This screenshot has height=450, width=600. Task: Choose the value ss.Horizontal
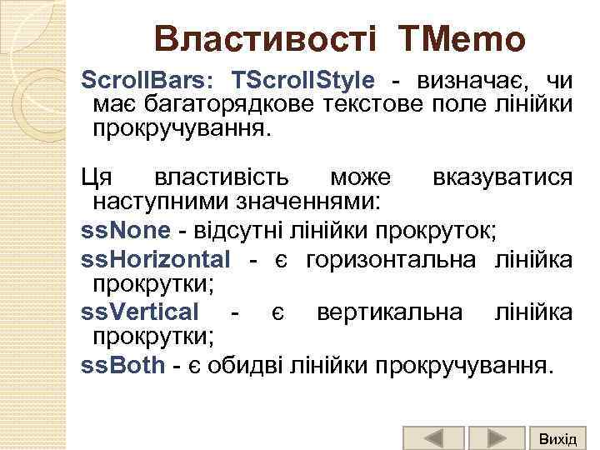[x=155, y=260]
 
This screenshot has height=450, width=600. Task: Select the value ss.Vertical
[x=140, y=312]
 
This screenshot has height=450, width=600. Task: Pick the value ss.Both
[x=122, y=366]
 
